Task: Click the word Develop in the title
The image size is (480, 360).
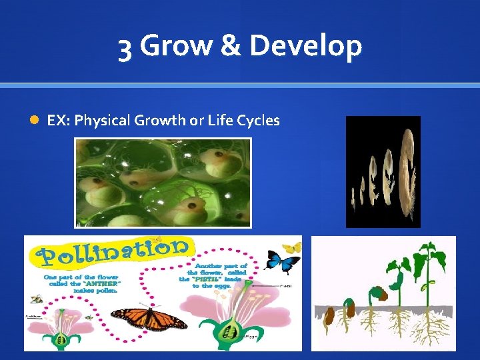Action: tap(306, 47)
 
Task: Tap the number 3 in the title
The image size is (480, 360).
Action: tap(125, 48)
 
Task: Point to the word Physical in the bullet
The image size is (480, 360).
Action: tap(103, 121)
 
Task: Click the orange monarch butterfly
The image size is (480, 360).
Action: tap(150, 319)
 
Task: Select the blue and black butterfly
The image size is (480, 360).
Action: tap(281, 262)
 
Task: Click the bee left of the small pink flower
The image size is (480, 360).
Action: tap(34, 301)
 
